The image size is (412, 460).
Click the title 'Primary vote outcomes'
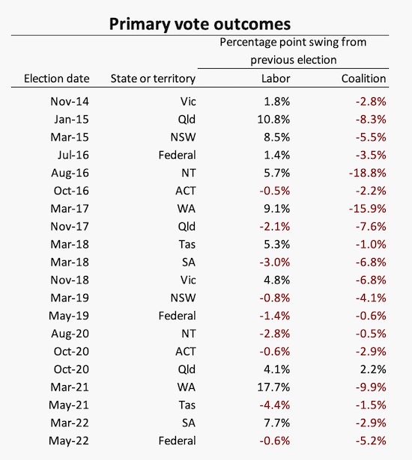[x=200, y=25]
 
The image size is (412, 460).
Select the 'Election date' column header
[x=57, y=79]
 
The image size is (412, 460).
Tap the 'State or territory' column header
[x=153, y=79]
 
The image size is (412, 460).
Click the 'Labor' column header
[x=276, y=79]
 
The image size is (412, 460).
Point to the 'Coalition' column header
[x=363, y=79]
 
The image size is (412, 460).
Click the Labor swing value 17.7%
[x=273, y=387]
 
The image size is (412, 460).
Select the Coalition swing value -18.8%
[x=367, y=173]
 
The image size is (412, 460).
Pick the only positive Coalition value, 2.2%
[x=373, y=369]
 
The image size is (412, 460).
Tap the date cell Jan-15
[x=71, y=120]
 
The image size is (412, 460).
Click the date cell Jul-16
[x=73, y=155]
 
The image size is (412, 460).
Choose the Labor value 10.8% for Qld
[x=273, y=120]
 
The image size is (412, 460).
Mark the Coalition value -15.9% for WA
[x=367, y=209]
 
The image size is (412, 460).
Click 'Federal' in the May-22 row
[x=177, y=441]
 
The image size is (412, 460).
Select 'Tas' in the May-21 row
[x=187, y=405]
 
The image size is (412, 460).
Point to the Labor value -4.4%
[x=275, y=405]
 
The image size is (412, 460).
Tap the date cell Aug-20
[x=70, y=334]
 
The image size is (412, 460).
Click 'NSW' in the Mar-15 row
[x=183, y=138]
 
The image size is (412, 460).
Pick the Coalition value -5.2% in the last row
[x=371, y=441]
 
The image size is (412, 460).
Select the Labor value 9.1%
[x=277, y=209]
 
